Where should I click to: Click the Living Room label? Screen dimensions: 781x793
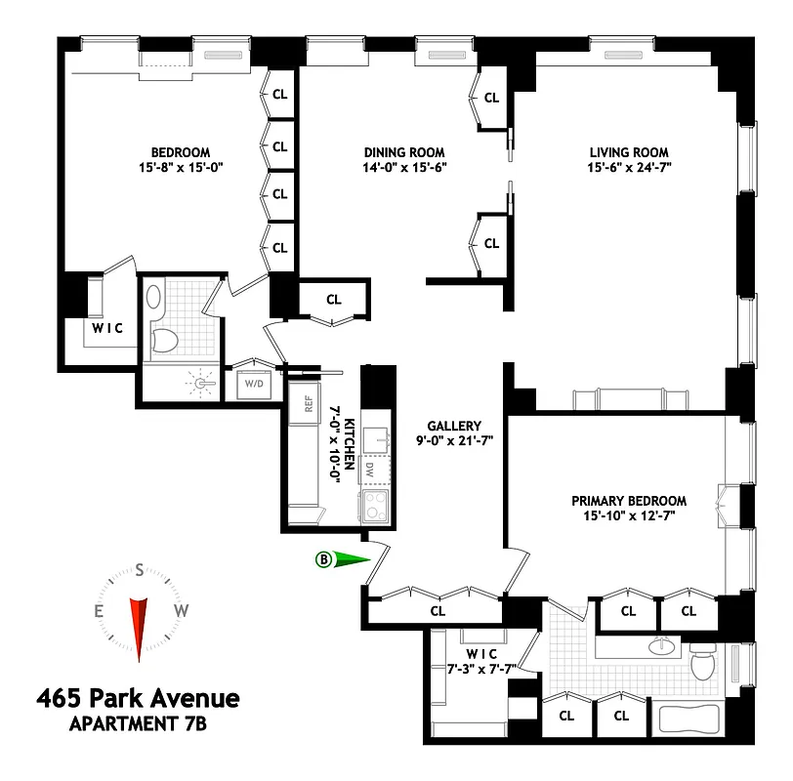629,152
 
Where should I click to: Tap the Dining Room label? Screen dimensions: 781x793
404,152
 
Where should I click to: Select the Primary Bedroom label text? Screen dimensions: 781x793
629,501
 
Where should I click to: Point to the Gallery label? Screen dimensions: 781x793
454,426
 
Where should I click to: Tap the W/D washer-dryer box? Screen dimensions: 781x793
254,384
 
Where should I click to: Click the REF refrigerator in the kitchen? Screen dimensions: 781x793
309,404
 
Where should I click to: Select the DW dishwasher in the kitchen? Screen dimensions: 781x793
370,469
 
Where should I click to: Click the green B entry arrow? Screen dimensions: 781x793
345,559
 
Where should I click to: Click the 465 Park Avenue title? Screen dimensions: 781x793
138,699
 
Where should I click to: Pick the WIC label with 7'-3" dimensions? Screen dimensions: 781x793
481,659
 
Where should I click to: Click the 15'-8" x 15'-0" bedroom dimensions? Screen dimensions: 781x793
181,167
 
